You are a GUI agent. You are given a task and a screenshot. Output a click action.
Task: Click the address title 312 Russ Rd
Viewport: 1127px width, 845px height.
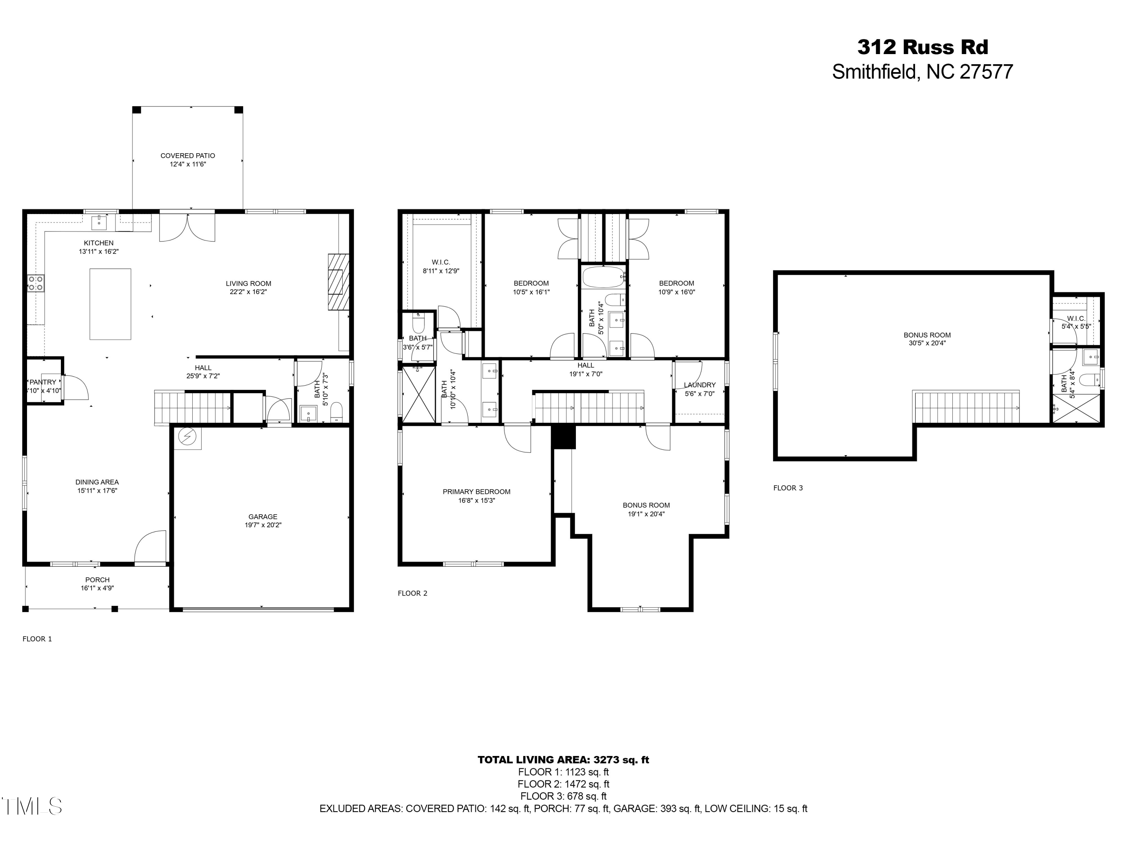pyautogui.click(x=922, y=47)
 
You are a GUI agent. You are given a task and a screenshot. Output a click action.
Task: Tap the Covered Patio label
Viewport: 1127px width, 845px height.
pyautogui.click(x=187, y=156)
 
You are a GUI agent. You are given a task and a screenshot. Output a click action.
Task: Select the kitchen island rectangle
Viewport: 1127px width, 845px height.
pyautogui.click(x=110, y=304)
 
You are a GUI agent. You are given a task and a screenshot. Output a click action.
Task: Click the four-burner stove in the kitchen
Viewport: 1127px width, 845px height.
pyautogui.click(x=36, y=283)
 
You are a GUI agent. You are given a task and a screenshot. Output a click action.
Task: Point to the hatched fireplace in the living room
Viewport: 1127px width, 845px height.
pyautogui.click(x=338, y=282)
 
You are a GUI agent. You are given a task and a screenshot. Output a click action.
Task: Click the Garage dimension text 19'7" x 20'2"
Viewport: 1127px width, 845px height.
pyautogui.click(x=263, y=525)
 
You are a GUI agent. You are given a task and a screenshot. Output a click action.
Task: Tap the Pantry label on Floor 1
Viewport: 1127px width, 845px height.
pyautogui.click(x=43, y=382)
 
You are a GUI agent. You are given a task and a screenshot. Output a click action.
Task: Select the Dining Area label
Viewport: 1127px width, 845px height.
pyautogui.click(x=97, y=482)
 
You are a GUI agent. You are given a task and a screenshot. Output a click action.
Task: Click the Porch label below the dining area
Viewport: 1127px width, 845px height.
pyautogui.click(x=97, y=579)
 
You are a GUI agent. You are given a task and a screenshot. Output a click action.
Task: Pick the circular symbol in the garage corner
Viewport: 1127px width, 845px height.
pyautogui.click(x=188, y=437)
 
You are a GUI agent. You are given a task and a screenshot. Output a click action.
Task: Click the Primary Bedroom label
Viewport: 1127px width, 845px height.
pyautogui.click(x=476, y=492)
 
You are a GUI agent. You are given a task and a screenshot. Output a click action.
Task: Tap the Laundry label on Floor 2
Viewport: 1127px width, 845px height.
pyautogui.click(x=699, y=385)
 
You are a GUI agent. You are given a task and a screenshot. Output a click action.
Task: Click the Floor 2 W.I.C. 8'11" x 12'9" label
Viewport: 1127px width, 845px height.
pyautogui.click(x=441, y=266)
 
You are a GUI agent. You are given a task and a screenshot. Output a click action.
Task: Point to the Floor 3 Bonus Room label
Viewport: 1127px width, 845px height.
pyautogui.click(x=927, y=335)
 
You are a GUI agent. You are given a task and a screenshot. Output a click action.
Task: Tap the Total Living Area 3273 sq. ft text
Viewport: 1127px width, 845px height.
pyautogui.click(x=563, y=759)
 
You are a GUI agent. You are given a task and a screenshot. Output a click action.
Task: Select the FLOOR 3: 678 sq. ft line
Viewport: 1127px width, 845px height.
pyautogui.click(x=563, y=796)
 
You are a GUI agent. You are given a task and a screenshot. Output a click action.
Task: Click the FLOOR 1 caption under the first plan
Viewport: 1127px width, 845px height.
pyautogui.click(x=37, y=639)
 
